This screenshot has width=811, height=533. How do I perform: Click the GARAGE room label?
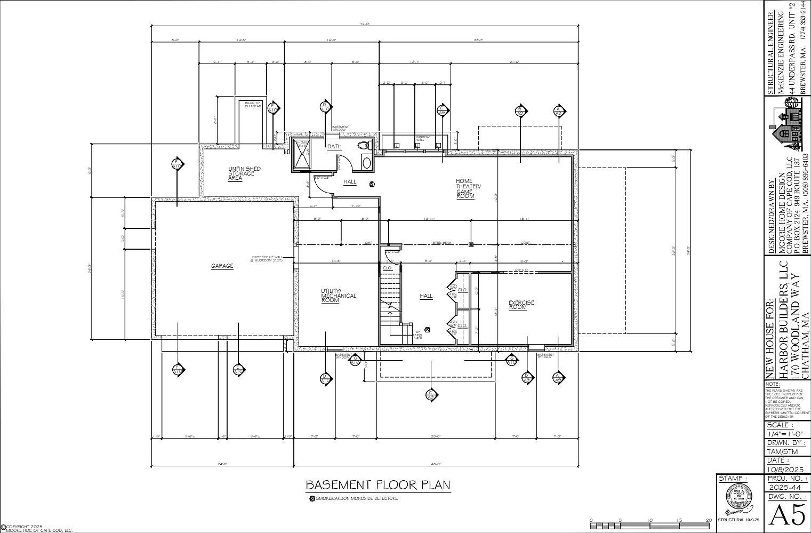pos(222,266)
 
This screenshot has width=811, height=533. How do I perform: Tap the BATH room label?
pos(334,147)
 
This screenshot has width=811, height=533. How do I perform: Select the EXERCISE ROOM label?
pos(521,305)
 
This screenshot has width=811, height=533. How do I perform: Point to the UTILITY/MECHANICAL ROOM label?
pos(338,296)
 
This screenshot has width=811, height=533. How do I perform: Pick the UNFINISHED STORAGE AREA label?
pos(244,173)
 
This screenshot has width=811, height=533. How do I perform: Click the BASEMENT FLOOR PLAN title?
pos(378,485)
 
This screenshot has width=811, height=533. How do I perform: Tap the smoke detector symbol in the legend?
pos(312,499)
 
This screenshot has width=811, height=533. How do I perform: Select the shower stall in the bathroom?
pos(302,155)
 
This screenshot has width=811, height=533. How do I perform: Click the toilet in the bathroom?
pos(364,145)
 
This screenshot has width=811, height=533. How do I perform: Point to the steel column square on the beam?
pos(471,245)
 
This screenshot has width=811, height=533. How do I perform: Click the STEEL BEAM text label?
pos(441,243)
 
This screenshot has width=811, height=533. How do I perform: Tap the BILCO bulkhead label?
pos(253,105)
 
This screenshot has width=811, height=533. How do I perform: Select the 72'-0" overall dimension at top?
pos(365,24)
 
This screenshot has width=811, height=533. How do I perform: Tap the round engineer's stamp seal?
pos(738,500)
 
